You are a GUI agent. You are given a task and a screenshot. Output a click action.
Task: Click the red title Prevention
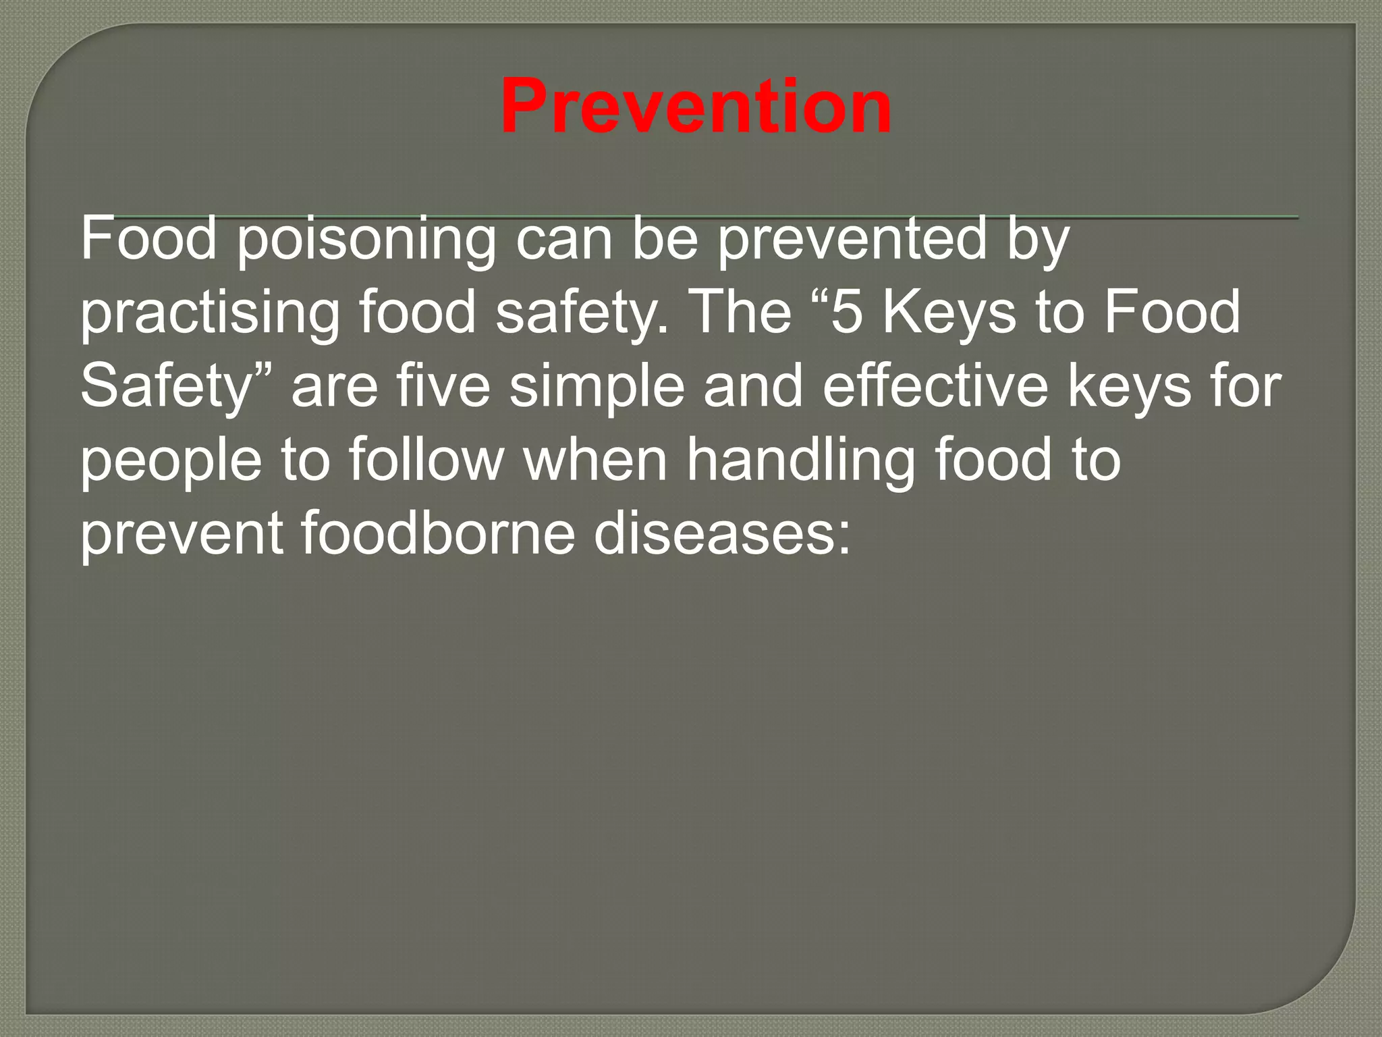[x=696, y=107]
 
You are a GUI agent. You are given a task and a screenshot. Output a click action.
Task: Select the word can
[x=564, y=239]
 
